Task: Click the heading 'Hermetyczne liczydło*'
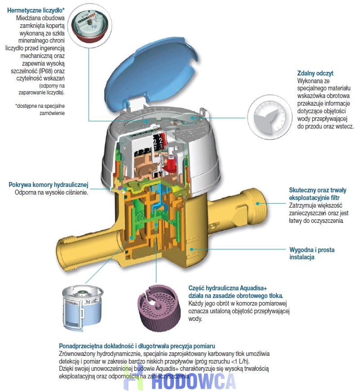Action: [x=36, y=10]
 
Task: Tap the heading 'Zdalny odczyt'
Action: [x=315, y=73]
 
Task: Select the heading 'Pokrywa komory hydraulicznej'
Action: [x=49, y=185]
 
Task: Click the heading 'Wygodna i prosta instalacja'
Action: [x=312, y=253]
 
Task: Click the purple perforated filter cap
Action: [x=159, y=309]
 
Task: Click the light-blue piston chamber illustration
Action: [x=82, y=309]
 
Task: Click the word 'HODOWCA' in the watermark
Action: [x=193, y=381]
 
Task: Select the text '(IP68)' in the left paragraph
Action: [x=45, y=71]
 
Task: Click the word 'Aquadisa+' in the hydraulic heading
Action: [x=253, y=288]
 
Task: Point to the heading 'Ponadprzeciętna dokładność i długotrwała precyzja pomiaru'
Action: [x=137, y=346]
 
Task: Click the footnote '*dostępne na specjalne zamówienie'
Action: [x=40, y=110]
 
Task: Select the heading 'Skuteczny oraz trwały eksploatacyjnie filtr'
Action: [x=318, y=194]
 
